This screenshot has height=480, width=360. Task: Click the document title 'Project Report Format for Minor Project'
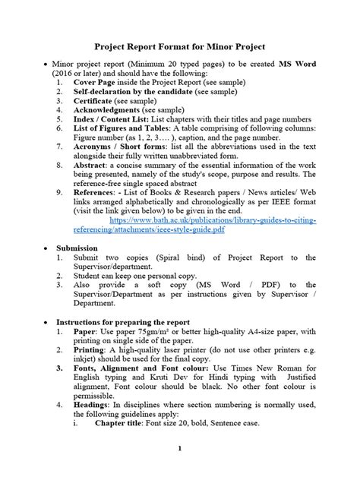[x=179, y=46]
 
